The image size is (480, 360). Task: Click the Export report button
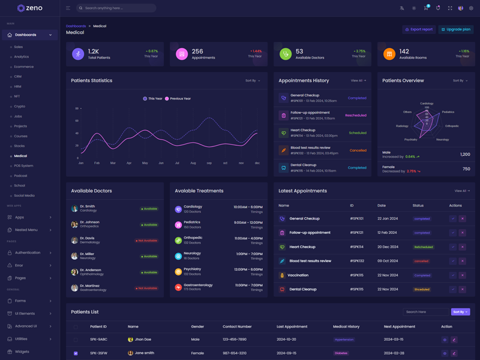(x=419, y=29)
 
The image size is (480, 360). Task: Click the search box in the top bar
(x=116, y=8)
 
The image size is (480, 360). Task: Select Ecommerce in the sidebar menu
(x=24, y=67)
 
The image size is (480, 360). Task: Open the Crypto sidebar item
(x=20, y=106)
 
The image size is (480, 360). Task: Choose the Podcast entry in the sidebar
(x=21, y=176)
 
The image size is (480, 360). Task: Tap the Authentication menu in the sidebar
(x=28, y=253)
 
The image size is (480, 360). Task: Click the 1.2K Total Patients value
(x=94, y=52)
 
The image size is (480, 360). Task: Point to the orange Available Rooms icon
(x=389, y=54)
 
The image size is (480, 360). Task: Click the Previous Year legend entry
(x=178, y=98)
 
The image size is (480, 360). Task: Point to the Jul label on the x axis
(x=177, y=163)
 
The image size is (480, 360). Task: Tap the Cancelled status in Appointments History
(x=358, y=151)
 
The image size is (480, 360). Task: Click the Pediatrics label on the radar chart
(x=448, y=112)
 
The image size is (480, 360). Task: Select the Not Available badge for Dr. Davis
(x=147, y=241)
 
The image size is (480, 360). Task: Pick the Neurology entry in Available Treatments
(x=193, y=253)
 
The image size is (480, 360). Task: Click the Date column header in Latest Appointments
(x=382, y=206)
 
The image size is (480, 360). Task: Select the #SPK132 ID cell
(x=357, y=261)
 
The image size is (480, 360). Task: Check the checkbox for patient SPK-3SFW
(x=76, y=353)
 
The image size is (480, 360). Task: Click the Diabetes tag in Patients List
(x=341, y=353)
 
